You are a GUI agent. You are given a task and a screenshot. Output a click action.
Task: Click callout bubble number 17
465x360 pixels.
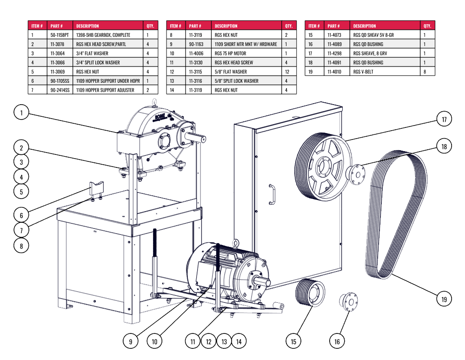[x=444, y=120]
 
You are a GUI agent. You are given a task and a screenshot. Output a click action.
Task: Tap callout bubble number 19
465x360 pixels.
[x=444, y=299]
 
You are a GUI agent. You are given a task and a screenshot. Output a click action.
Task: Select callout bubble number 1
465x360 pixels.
[x=21, y=112]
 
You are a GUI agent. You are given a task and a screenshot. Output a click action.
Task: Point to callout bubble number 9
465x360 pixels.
[x=131, y=341]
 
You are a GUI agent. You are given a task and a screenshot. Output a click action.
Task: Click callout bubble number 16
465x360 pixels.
[x=337, y=341]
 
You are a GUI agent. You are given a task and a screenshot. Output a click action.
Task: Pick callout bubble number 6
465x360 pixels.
[x=21, y=215]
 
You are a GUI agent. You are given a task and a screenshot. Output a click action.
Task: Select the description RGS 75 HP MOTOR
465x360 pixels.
[x=230, y=53]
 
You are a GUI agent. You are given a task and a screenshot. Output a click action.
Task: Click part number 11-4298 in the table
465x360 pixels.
[x=334, y=53]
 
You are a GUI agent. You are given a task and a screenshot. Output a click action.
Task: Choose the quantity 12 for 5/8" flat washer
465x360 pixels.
[x=287, y=72]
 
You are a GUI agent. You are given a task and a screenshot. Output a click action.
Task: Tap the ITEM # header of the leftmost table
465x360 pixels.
[x=37, y=26]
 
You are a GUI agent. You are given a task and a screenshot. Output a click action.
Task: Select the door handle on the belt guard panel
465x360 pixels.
[x=272, y=193]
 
